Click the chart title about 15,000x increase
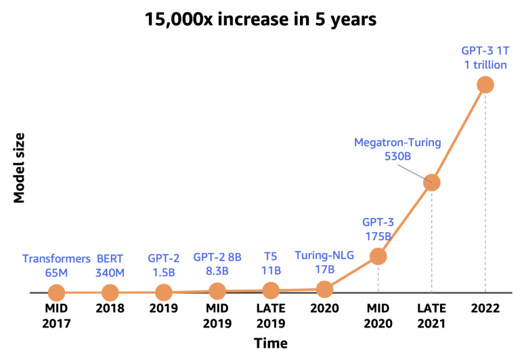(260, 18)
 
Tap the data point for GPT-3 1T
(485, 85)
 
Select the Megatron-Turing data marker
(431, 182)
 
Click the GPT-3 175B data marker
(378, 256)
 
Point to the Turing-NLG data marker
(325, 289)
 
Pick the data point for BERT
(110, 293)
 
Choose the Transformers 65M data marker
(56, 293)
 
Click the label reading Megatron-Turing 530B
(397, 150)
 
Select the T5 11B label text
(271, 264)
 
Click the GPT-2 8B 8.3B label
(217, 264)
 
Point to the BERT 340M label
(111, 265)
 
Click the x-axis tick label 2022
(485, 309)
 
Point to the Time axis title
(271, 343)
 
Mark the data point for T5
(271, 291)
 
